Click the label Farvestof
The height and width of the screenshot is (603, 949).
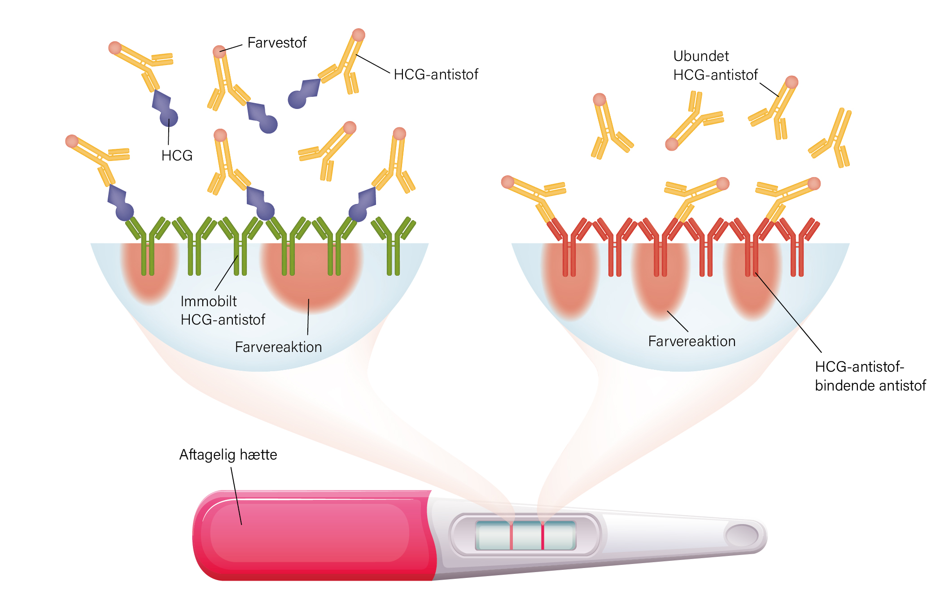[277, 43]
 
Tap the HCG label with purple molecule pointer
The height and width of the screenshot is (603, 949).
[177, 156]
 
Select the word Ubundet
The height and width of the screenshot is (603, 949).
[701, 56]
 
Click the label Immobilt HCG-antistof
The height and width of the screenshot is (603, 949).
[223, 310]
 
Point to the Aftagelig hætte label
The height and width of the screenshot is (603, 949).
[228, 455]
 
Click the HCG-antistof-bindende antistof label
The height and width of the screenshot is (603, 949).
[870, 376]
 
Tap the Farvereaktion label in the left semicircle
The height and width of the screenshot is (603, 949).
[278, 347]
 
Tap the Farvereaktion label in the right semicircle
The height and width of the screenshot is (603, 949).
[691, 341]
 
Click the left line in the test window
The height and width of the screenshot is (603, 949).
[511, 535]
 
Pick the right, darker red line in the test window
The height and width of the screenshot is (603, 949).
[542, 535]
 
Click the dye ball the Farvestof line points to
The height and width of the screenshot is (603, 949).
[219, 52]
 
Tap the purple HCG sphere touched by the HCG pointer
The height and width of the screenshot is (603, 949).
[169, 118]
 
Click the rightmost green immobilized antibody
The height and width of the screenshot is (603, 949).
[394, 246]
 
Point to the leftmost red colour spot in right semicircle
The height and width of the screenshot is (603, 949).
[570, 280]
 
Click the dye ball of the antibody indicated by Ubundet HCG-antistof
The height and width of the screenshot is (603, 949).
[792, 82]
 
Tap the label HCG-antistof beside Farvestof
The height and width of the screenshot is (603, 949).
[436, 74]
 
